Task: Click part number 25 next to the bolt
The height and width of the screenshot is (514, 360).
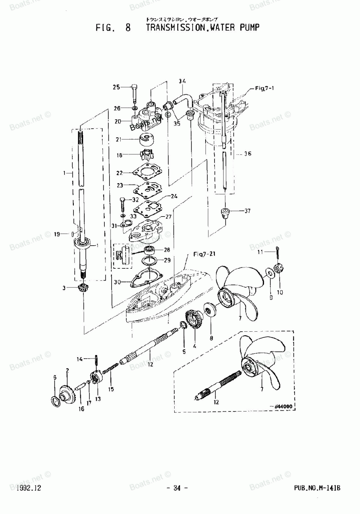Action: coord(116,87)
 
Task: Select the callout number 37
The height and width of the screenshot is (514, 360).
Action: coord(247,211)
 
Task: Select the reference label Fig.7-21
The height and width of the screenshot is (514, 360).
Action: coord(204,254)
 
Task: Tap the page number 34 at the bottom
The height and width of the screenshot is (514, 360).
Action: coord(176,488)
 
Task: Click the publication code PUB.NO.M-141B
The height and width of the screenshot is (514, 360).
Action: coord(317,488)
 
